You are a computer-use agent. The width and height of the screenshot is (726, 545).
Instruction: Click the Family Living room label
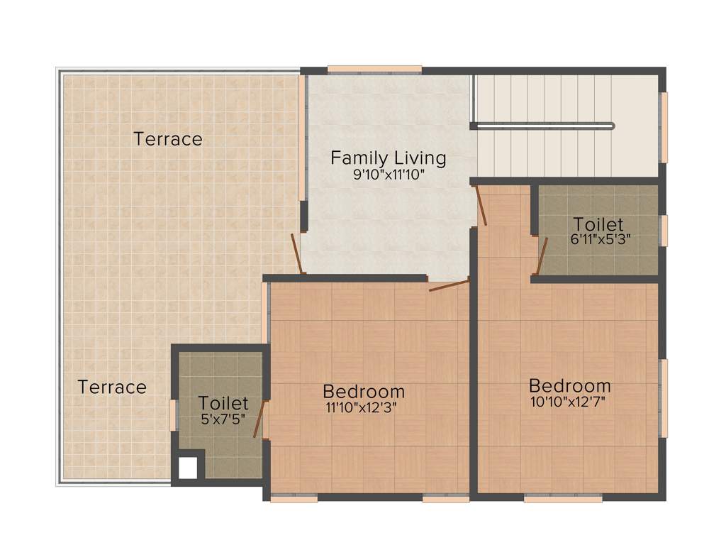click(389, 158)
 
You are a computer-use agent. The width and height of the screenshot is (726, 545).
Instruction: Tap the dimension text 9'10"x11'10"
click(389, 175)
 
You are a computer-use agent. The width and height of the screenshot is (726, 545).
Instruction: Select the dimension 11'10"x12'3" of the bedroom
click(361, 407)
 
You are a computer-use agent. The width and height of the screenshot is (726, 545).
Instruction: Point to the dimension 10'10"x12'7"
click(569, 402)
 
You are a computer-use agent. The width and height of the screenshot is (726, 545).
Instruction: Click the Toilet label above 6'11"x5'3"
click(598, 224)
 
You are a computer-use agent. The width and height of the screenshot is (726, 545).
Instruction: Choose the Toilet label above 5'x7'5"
click(223, 404)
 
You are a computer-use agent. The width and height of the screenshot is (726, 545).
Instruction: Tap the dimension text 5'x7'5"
click(223, 419)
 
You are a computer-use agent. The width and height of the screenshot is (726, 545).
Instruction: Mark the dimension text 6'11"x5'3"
click(601, 240)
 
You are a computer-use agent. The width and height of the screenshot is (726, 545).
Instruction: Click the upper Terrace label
click(168, 139)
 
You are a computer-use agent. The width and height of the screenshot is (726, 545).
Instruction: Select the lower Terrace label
click(112, 387)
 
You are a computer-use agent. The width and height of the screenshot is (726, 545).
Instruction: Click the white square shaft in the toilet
click(187, 468)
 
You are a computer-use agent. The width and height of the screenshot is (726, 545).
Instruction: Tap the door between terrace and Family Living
click(298, 253)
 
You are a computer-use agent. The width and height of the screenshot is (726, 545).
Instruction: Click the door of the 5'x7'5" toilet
click(260, 419)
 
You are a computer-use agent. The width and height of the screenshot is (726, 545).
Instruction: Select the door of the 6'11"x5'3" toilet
click(541, 255)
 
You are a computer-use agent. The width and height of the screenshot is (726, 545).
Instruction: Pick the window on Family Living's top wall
click(374, 70)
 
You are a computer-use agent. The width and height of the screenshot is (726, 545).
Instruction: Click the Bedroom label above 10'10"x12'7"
click(570, 386)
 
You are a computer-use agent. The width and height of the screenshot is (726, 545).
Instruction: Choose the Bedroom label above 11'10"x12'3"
click(364, 391)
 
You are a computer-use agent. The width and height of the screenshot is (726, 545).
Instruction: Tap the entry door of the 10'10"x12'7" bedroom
click(481, 205)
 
